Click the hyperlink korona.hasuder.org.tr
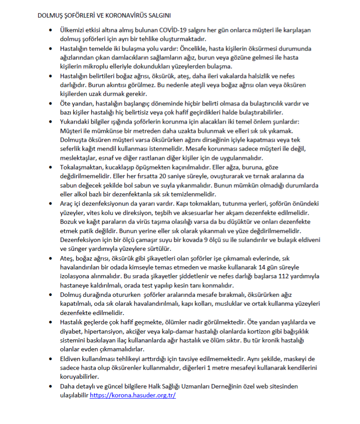[x=133, y=395]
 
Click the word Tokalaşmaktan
[x=81, y=167]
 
